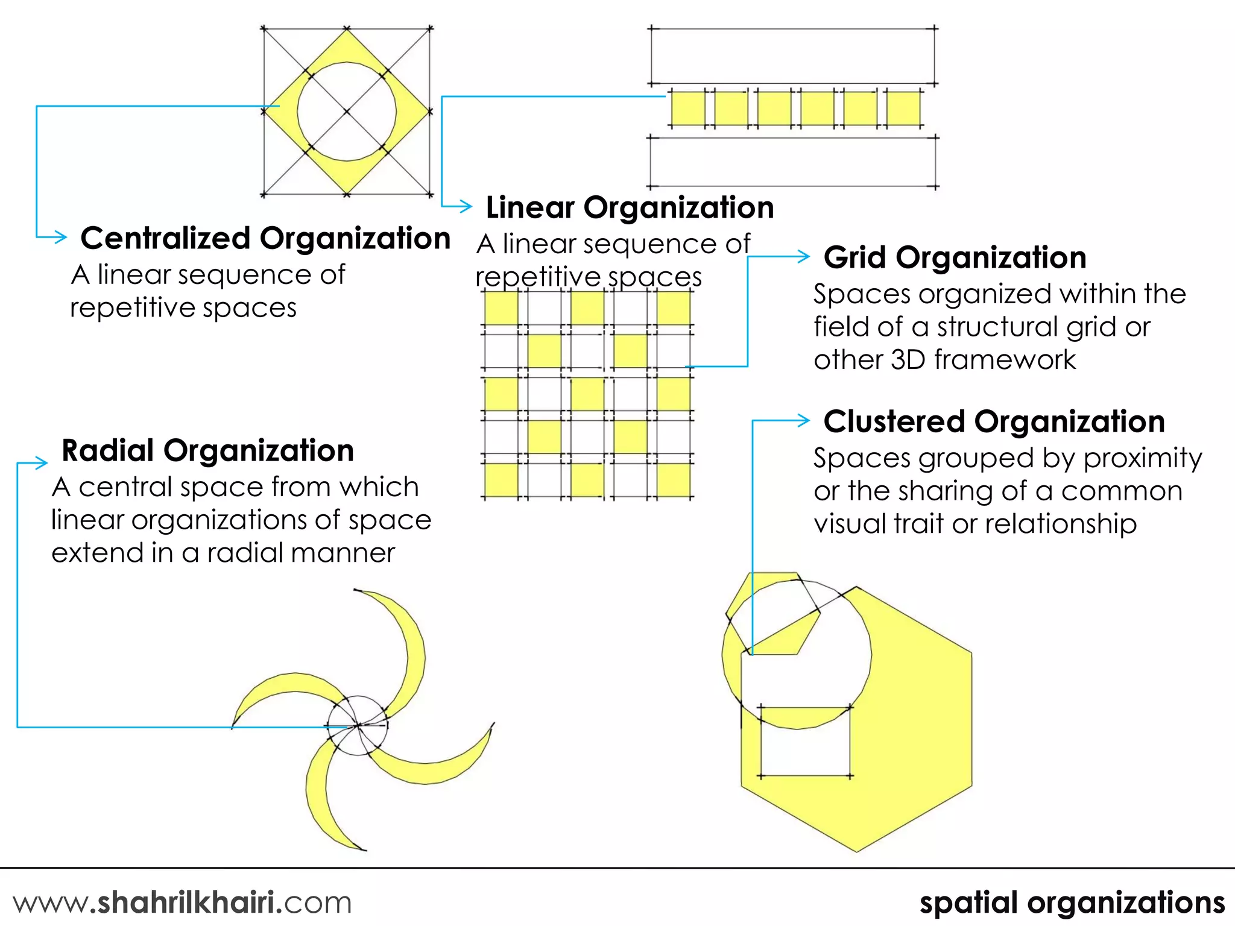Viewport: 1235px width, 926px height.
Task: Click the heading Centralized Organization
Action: (265, 238)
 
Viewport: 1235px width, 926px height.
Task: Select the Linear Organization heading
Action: (630, 207)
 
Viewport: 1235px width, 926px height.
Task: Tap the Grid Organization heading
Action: (955, 257)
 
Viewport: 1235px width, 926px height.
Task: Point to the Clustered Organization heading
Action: (994, 421)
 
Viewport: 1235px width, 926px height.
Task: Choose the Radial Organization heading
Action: (207, 451)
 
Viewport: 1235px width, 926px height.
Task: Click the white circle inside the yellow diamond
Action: (346, 112)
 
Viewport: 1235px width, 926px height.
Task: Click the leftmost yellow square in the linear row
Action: (687, 109)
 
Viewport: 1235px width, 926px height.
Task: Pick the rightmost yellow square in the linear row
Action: (903, 109)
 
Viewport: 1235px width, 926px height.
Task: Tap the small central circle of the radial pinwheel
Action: (358, 725)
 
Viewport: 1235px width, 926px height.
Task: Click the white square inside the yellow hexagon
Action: (805, 742)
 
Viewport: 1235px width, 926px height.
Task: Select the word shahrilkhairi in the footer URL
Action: (185, 902)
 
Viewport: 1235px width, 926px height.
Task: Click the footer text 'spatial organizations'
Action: (1072, 902)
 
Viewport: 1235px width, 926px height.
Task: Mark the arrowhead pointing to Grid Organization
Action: (803, 257)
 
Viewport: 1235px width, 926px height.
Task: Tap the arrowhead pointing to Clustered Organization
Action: (803, 421)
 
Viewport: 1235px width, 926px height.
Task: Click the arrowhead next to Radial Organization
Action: (41, 463)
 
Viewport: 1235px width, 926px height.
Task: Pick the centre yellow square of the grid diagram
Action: (587, 394)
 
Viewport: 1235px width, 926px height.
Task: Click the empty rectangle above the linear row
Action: (792, 56)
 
